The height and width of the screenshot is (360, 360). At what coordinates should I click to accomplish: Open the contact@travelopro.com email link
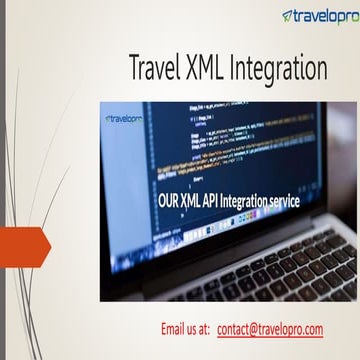click(x=270, y=329)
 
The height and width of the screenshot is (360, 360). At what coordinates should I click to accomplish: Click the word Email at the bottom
click(x=175, y=329)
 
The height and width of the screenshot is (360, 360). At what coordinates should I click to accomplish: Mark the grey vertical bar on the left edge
click(x=3, y=180)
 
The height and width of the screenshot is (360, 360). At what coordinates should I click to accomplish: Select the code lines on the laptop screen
click(x=220, y=145)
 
